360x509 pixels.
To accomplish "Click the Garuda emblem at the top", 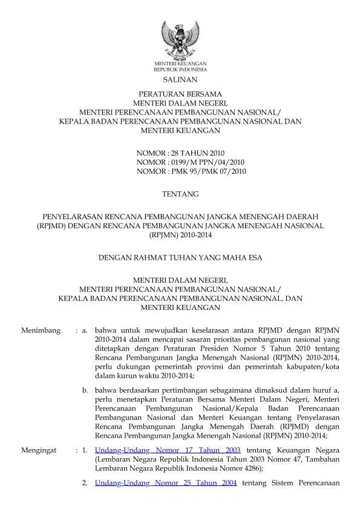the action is click(180, 40).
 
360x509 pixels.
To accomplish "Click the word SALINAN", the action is click(180, 79).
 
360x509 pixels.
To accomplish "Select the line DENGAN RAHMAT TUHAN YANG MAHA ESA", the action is click(180, 258).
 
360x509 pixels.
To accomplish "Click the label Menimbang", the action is click(41, 330).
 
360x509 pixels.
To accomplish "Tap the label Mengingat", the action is click(39, 450).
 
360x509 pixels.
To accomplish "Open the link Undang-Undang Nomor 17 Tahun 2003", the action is click(168, 450).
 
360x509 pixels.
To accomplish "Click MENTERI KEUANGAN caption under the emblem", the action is click(180, 64).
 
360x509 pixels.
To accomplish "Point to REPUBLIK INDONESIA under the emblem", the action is click(180, 69).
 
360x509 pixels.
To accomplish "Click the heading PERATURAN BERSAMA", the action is click(180, 94).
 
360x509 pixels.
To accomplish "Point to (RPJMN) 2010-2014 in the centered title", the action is click(180, 235).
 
